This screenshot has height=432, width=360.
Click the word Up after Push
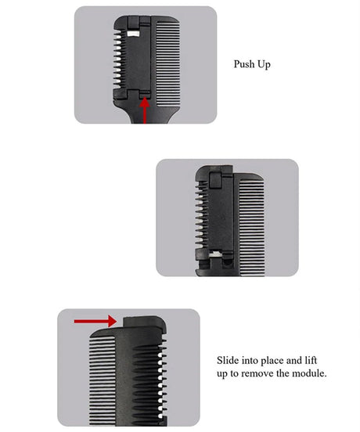click(265, 65)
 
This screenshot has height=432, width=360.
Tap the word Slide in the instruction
click(229, 361)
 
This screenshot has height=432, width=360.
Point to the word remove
click(265, 373)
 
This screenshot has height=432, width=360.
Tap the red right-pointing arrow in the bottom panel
click(93, 321)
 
